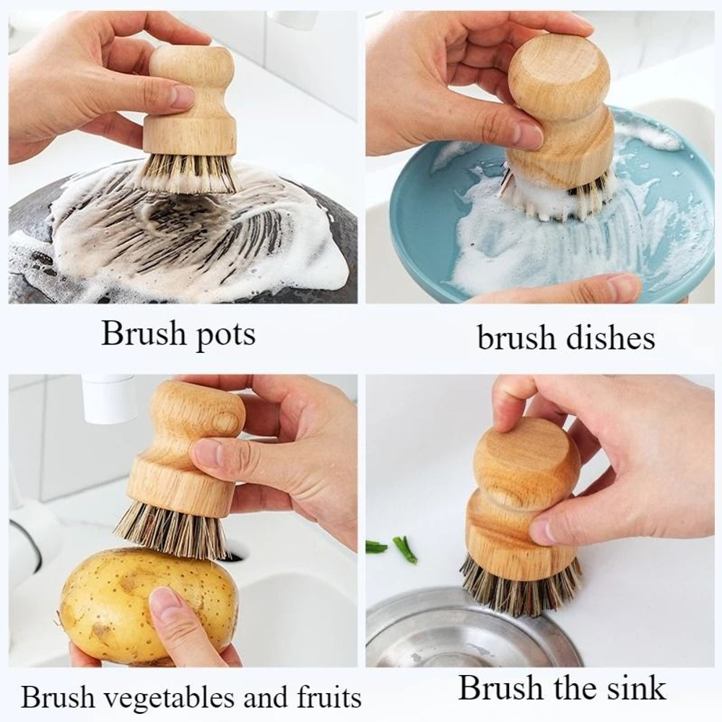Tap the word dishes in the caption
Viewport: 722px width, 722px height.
tap(612, 337)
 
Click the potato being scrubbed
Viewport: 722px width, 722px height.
tap(137, 603)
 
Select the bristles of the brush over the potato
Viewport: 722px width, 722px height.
tap(170, 531)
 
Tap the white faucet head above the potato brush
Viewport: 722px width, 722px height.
tap(108, 398)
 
